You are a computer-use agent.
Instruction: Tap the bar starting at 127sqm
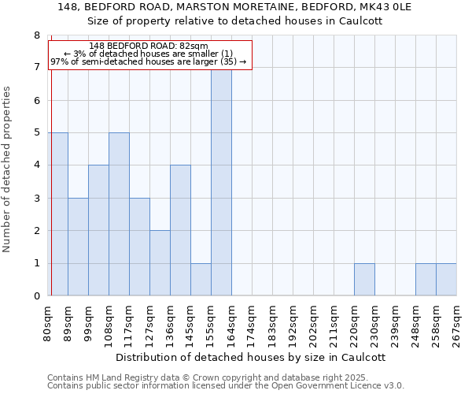[160, 263]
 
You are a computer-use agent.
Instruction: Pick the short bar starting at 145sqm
[201, 280]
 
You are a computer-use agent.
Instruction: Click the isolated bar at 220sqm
[364, 280]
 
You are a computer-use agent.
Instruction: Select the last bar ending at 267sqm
[446, 280]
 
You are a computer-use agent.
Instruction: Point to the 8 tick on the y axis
[36, 35]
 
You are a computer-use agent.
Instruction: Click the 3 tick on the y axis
[36, 199]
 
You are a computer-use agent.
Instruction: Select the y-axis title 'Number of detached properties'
[8, 169]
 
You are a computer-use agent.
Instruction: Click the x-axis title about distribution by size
[245, 357]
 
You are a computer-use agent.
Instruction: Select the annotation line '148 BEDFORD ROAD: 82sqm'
[149, 46]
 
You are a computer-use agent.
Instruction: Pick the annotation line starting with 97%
[149, 61]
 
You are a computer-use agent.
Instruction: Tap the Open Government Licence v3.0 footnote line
[226, 386]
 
